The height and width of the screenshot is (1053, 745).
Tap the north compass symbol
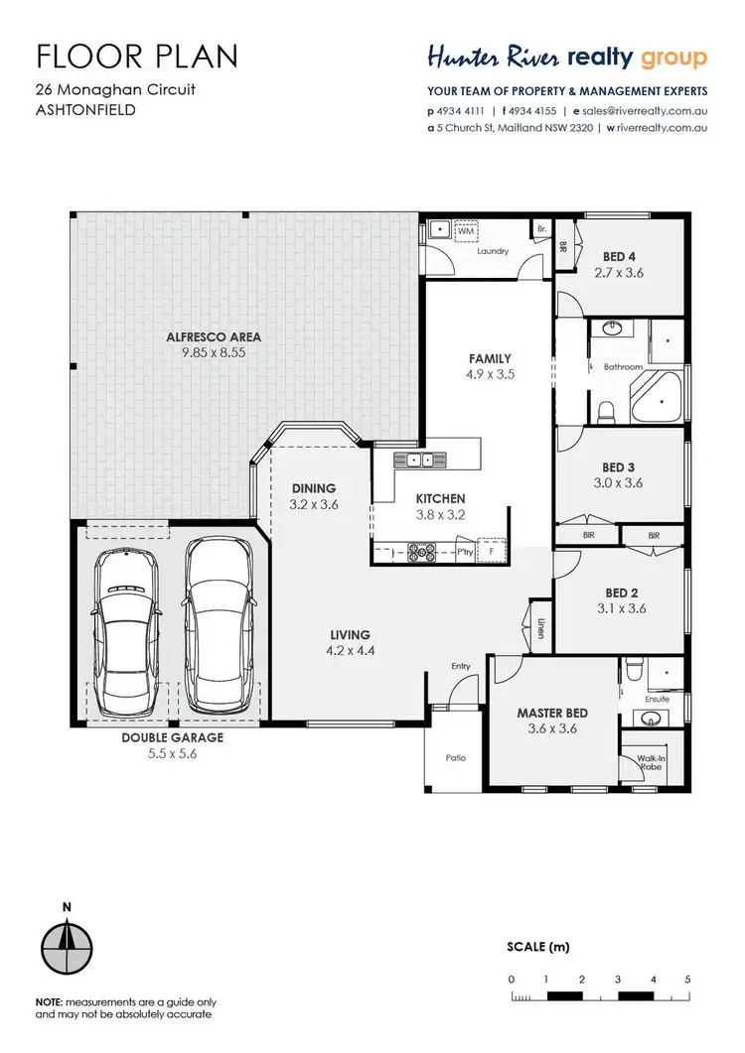[67, 940]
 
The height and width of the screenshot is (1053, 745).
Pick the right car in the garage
[217, 625]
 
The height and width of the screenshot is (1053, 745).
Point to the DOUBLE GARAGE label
[174, 737]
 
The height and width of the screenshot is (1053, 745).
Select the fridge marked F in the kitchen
[491, 549]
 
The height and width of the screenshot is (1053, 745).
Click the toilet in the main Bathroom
[607, 409]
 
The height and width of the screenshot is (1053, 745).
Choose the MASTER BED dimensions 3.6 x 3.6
[552, 727]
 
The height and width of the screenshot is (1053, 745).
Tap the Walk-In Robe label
[651, 763]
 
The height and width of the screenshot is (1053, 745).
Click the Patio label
[456, 757]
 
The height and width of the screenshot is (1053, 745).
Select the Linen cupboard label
[540, 627]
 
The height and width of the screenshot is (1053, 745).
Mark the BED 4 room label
[619, 257]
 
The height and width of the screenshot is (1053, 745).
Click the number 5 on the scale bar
[687, 979]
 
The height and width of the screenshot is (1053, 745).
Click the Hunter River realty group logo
[566, 58]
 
